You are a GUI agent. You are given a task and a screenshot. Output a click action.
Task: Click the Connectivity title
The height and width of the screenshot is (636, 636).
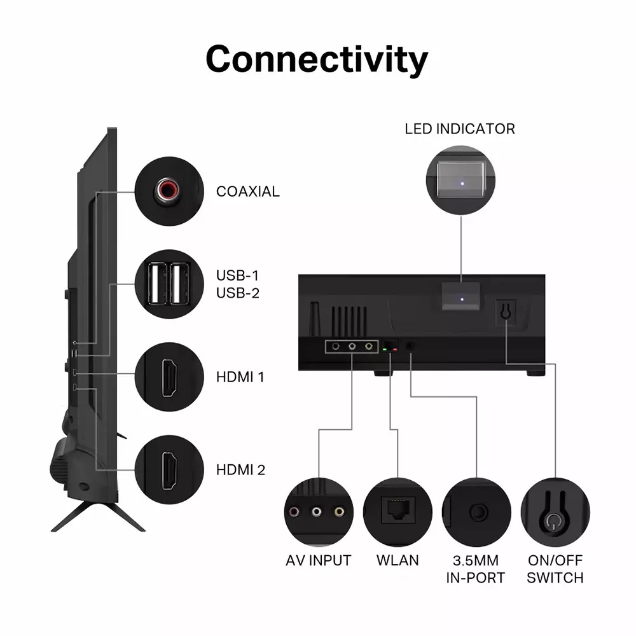pyautogui.click(x=317, y=59)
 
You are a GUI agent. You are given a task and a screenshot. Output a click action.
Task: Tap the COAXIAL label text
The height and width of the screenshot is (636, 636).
pyautogui.click(x=248, y=191)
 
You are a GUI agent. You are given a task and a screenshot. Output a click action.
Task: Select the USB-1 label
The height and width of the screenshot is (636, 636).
pyautogui.click(x=237, y=275)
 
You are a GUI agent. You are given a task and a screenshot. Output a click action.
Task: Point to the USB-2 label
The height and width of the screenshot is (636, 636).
pyautogui.click(x=238, y=293)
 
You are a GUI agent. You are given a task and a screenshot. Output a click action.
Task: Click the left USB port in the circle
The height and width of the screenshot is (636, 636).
pyautogui.click(x=157, y=284)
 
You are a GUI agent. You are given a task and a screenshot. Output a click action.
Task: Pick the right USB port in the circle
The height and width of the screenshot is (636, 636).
pyautogui.click(x=180, y=284)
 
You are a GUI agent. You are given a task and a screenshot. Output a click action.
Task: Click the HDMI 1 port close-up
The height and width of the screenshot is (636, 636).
pyautogui.click(x=170, y=377)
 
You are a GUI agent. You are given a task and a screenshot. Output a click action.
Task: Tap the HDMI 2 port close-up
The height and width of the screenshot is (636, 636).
pyautogui.click(x=170, y=470)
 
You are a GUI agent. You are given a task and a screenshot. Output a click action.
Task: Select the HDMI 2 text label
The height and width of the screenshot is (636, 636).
pyautogui.click(x=240, y=470)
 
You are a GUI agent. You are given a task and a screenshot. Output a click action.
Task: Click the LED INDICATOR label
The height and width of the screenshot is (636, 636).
pyautogui.click(x=460, y=129)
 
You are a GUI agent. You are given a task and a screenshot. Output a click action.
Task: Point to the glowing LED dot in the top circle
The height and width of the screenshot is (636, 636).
pyautogui.click(x=462, y=184)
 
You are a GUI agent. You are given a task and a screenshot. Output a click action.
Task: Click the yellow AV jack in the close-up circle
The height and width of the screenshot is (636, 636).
pyautogui.click(x=339, y=512)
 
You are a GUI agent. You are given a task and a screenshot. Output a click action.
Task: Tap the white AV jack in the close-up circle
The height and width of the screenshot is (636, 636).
pyautogui.click(x=316, y=512)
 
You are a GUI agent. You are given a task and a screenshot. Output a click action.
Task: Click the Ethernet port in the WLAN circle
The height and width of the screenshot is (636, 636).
pyautogui.click(x=398, y=509)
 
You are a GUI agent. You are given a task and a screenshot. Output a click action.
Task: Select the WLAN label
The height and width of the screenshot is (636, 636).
pyautogui.click(x=397, y=560)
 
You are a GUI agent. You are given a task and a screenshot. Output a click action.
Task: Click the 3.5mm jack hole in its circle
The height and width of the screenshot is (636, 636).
pyautogui.click(x=478, y=512)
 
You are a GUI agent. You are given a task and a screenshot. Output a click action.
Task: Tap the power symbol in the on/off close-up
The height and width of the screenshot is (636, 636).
pyautogui.click(x=552, y=522)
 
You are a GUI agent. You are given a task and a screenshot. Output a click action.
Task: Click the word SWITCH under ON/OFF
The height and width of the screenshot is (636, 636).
pyautogui.click(x=555, y=577)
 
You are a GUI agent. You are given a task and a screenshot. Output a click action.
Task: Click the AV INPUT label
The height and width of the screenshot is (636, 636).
pyautogui.click(x=319, y=560)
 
